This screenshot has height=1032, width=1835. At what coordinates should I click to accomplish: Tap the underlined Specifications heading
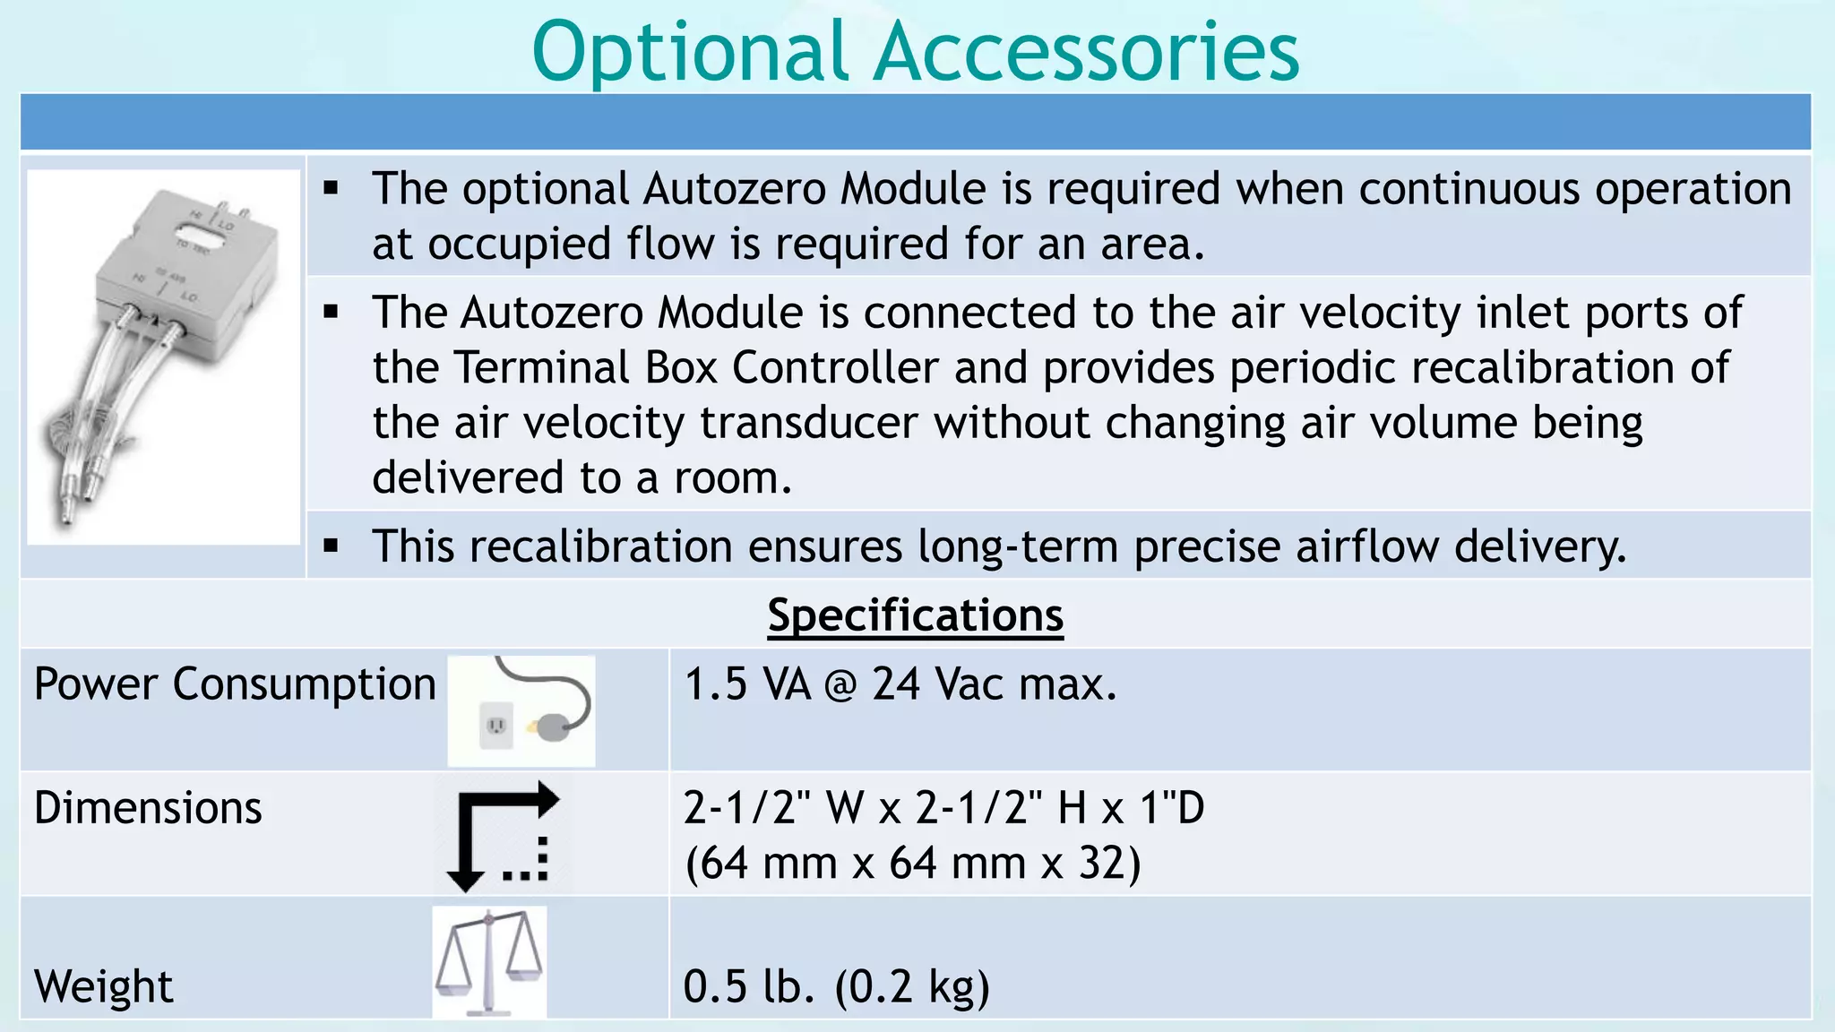click(x=915, y=615)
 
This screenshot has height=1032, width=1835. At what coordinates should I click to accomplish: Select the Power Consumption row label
click(x=235, y=684)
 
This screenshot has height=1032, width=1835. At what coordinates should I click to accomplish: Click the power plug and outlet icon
click(x=521, y=711)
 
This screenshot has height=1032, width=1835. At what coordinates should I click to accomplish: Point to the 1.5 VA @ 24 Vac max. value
click(x=900, y=684)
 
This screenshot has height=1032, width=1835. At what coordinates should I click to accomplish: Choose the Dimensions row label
click(x=148, y=808)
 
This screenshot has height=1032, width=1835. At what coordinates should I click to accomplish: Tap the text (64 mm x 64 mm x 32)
click(x=912, y=864)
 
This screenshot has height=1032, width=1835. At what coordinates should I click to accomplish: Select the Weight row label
click(x=103, y=986)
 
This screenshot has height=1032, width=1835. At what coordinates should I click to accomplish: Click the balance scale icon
click(x=489, y=962)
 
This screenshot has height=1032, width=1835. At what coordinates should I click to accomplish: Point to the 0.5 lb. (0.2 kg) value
click(x=836, y=986)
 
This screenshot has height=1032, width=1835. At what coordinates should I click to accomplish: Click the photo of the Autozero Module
click(x=163, y=357)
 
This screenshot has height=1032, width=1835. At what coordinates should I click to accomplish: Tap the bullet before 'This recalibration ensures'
click(x=332, y=546)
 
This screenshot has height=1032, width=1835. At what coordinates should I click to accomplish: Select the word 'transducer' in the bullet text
click(x=810, y=423)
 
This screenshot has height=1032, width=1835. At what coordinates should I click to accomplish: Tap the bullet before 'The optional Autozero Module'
click(x=332, y=189)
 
